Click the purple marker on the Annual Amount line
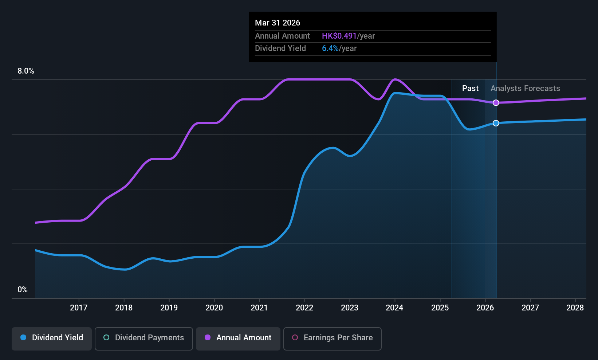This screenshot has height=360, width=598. click(x=496, y=103)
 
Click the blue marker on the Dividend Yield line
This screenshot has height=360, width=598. click(x=496, y=123)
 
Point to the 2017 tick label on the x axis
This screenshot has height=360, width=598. click(x=79, y=308)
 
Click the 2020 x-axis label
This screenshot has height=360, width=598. click(x=214, y=308)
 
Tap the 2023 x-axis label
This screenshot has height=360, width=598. click(x=350, y=308)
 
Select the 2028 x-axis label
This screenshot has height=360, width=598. click(x=575, y=308)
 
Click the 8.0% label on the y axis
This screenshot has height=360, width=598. click(x=26, y=71)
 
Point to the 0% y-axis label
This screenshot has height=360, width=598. click(x=23, y=290)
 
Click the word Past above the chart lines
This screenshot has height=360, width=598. click(x=471, y=89)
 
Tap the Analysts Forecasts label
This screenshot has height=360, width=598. click(x=526, y=89)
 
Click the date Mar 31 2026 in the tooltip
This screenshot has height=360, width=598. click(x=278, y=23)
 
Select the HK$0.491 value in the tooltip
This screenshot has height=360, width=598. click(x=339, y=36)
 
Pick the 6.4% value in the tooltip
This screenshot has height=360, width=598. click(x=330, y=48)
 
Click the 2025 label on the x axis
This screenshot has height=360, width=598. click(x=440, y=308)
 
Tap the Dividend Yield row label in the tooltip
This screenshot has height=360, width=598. click(x=280, y=48)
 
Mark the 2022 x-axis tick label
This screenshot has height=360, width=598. click(x=304, y=308)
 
